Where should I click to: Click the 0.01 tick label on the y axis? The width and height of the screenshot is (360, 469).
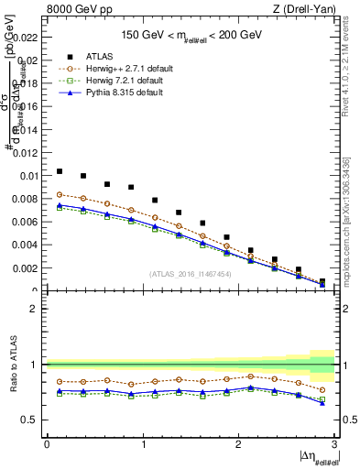(29, 176)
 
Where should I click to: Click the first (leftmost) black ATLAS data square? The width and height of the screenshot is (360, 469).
(60, 171)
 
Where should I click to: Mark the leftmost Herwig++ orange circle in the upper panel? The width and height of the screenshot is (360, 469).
(60, 194)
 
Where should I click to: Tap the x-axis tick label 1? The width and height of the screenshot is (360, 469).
(143, 443)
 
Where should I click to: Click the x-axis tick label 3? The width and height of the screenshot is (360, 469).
(334, 443)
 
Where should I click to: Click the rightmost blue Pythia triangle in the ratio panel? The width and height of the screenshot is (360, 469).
(322, 404)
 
